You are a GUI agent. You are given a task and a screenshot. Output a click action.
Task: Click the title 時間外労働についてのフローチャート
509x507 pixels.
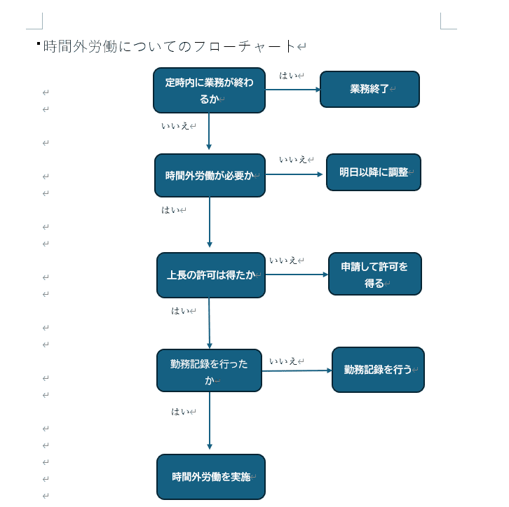[170, 47]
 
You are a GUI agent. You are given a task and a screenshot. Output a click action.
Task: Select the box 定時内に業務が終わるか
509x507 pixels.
[209, 90]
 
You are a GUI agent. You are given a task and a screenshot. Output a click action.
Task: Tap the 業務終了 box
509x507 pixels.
[369, 89]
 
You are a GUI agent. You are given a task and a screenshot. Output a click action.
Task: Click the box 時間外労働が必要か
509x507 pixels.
[210, 176]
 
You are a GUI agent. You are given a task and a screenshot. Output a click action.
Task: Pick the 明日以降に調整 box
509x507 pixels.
[373, 172]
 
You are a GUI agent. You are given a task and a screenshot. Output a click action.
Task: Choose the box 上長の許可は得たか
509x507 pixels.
[210, 275]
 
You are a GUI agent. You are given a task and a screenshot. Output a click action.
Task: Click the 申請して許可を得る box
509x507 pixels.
[374, 274]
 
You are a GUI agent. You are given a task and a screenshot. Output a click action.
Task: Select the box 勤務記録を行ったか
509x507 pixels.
[209, 370]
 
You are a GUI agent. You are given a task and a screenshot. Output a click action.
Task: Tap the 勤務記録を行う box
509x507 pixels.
[378, 370]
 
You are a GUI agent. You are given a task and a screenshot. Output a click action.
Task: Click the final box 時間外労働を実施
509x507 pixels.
[210, 477]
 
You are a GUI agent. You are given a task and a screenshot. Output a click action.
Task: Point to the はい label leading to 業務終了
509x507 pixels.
[288, 76]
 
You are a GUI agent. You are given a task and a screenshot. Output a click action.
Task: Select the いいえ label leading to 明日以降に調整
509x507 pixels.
[293, 160]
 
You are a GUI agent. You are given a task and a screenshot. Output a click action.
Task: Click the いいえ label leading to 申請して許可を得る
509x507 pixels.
[283, 261]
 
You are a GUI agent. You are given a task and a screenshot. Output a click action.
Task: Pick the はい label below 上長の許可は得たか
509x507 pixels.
[180, 311]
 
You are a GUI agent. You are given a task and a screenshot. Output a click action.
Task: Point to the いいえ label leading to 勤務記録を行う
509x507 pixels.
[283, 361]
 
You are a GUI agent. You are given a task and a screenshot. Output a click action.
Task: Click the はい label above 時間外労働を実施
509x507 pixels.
[180, 412]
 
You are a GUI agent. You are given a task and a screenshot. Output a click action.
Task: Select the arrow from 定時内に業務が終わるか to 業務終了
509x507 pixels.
[292, 90]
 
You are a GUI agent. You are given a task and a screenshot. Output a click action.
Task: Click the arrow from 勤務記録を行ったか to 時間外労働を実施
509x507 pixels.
[210, 420]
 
